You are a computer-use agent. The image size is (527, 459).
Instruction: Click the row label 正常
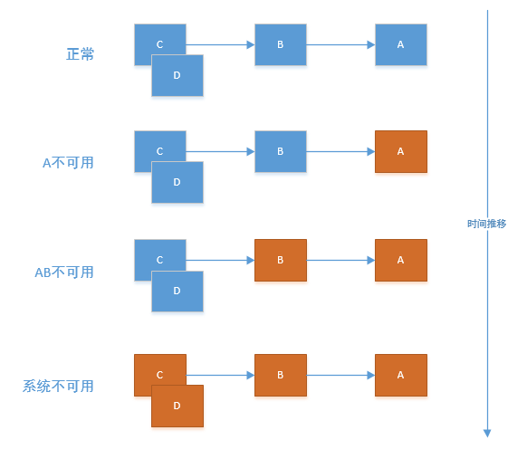pos(80,54)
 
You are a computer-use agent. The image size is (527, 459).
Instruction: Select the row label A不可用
pos(68,163)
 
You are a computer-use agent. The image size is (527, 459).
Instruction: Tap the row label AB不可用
pos(63,272)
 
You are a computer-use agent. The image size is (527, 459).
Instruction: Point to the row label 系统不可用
pos(58,387)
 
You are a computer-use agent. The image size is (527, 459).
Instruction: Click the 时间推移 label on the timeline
pos(487,223)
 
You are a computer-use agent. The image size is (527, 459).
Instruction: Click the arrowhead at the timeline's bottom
pos(487,432)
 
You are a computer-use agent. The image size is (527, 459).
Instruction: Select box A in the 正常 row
pos(400,44)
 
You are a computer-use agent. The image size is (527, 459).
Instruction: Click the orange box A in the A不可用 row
pos(400,152)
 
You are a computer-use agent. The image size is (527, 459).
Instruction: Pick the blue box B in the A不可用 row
pos(280,152)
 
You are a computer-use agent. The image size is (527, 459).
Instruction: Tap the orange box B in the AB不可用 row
pos(280,260)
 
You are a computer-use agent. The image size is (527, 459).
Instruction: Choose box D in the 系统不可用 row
pos(177,406)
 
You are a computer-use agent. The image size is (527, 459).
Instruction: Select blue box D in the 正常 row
pos(177,76)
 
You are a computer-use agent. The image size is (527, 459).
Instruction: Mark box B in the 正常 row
pos(280,44)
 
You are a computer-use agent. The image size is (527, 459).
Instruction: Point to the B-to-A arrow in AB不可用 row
pos(340,260)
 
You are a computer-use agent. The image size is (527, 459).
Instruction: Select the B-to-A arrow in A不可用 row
pos(340,152)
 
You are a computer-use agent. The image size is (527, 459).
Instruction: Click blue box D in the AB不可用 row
pos(177,292)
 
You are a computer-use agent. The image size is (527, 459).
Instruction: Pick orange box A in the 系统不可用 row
pos(400,375)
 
